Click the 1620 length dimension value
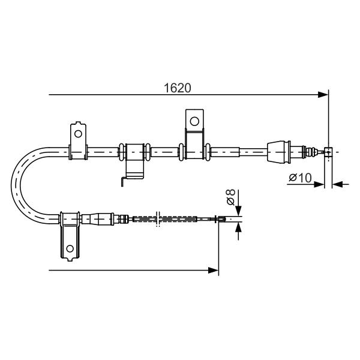click(177, 88)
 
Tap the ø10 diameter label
click(301, 178)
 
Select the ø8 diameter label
click(230, 197)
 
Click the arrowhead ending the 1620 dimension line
click(323, 95)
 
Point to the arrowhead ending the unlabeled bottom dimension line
click(213, 270)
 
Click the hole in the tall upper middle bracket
click(194, 121)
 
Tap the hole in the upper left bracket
click(78, 134)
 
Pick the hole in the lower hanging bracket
click(70, 248)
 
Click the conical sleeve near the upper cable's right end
click(279, 151)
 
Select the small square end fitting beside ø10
click(328, 152)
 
